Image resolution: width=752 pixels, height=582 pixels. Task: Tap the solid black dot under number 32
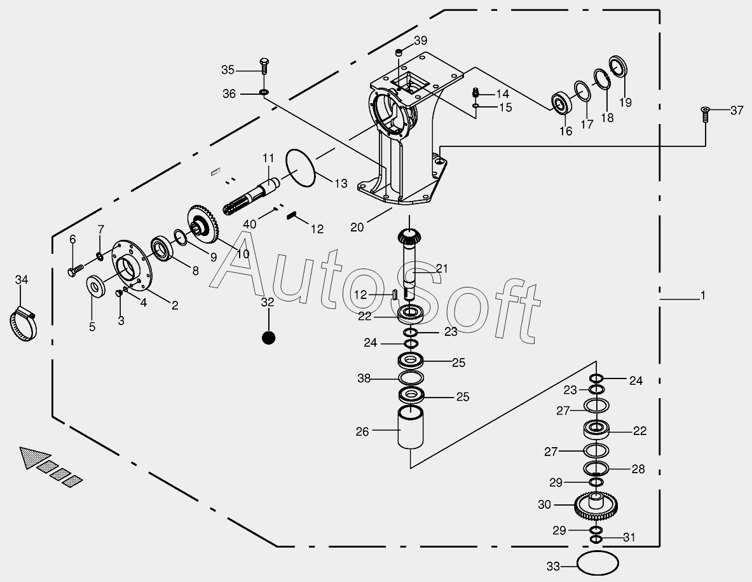pyautogui.click(x=268, y=338)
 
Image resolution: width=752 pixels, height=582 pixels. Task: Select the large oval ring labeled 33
pyautogui.click(x=598, y=563)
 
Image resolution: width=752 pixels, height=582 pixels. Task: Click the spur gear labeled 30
pyautogui.click(x=597, y=506)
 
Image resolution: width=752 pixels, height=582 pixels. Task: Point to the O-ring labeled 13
pyautogui.click(x=301, y=169)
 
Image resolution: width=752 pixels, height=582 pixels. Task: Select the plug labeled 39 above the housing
pyautogui.click(x=399, y=52)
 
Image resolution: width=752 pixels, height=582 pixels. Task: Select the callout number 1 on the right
pyautogui.click(x=702, y=296)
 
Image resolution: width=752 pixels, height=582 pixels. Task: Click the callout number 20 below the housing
pyautogui.click(x=357, y=226)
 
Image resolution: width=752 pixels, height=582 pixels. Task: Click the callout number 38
pyautogui.click(x=364, y=378)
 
